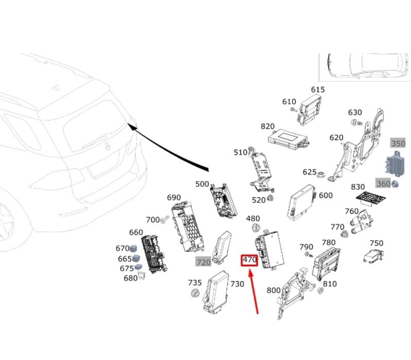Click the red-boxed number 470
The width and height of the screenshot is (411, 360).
point(249,260)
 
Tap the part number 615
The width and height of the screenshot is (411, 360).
point(318,89)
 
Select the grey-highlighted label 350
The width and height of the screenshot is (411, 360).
point(398,143)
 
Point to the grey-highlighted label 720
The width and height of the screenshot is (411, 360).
point(204,262)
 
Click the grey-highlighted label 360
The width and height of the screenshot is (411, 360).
point(383,184)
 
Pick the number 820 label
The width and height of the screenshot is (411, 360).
point(267,127)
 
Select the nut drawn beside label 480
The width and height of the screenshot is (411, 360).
point(254,228)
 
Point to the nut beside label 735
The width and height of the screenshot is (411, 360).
point(195,293)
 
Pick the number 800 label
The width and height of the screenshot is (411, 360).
point(274,290)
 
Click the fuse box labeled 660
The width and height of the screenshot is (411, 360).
point(153,254)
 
